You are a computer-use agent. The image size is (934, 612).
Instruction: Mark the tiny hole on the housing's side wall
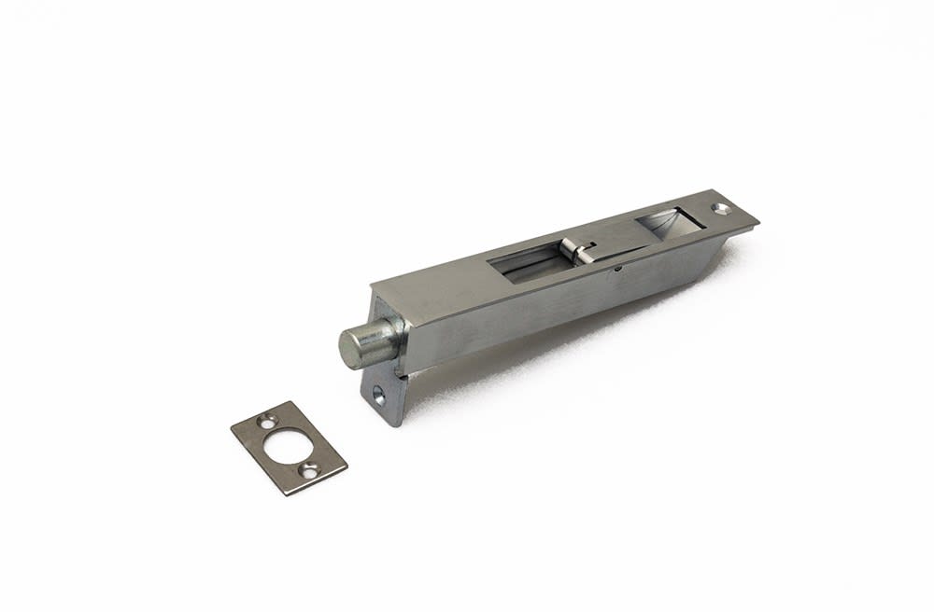pyautogui.click(x=617, y=270)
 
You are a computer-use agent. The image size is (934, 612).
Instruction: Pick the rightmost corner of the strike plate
pyautogui.click(x=346, y=464)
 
